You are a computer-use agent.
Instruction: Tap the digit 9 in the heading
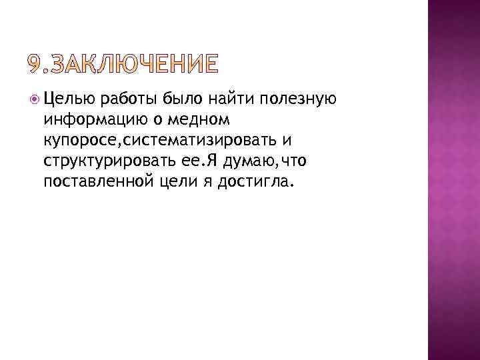point(34,65)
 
